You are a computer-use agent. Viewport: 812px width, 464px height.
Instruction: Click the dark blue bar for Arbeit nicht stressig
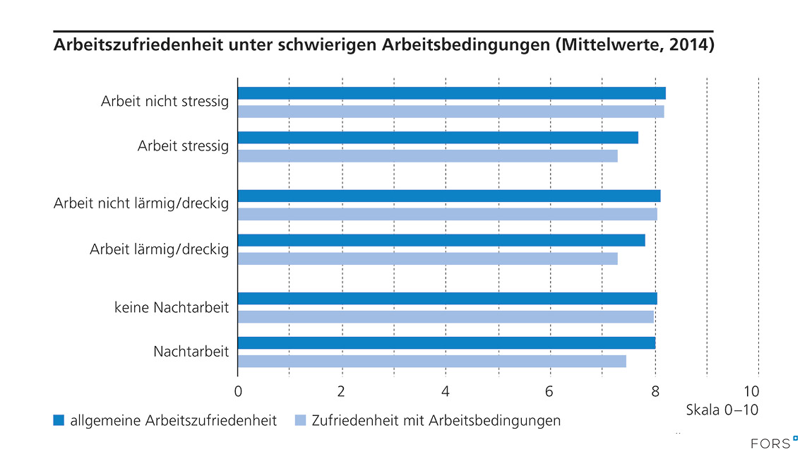point(452,93)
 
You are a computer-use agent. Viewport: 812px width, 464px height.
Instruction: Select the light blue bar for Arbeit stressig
point(428,156)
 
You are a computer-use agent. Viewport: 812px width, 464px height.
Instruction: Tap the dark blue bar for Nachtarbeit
point(446,343)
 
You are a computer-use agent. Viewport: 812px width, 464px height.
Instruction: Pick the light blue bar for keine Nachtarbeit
point(446,316)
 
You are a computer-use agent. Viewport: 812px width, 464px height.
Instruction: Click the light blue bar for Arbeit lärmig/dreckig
point(428,258)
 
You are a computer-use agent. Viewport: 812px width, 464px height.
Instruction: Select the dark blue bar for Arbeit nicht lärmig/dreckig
point(449,196)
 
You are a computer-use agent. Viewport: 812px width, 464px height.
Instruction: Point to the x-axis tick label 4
point(446,391)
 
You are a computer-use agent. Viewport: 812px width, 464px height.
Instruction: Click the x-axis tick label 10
point(758,391)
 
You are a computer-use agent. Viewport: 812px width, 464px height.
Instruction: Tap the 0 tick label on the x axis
point(238,391)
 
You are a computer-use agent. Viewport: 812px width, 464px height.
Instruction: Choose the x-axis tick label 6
point(549,391)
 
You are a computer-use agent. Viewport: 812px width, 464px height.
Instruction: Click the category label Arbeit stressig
point(183,146)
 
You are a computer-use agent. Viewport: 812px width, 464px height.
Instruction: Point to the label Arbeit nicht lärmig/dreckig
point(141,204)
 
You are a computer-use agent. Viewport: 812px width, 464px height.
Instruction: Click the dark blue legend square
point(59,421)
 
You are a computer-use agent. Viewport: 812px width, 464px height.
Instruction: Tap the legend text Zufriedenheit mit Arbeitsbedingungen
point(436,421)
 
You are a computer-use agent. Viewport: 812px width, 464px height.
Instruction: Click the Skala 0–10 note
point(722,409)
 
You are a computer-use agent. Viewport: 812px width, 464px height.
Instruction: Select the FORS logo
point(774,443)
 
